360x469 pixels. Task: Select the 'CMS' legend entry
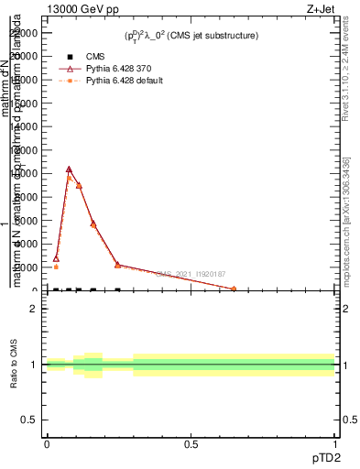(95, 56)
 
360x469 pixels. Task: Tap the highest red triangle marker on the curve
(69, 169)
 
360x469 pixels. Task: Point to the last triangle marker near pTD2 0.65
(234, 289)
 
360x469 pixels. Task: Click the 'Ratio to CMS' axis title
(15, 365)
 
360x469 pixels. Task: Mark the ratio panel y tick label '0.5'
(29, 420)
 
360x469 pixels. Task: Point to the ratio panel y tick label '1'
(34, 365)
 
